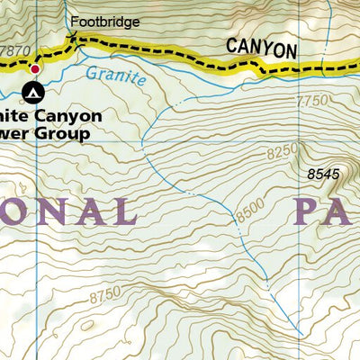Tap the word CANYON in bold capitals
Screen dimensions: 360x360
click(x=260, y=49)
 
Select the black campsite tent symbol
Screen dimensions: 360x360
click(x=33, y=91)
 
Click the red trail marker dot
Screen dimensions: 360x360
click(x=35, y=68)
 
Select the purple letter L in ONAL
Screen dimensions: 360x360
click(x=123, y=212)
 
